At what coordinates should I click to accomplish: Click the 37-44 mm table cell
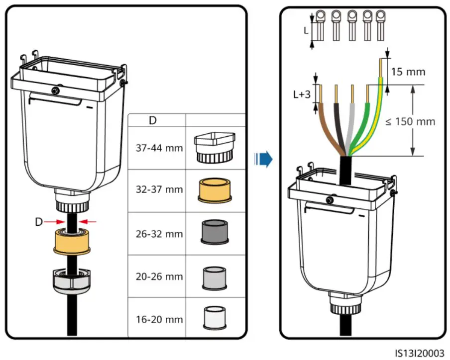tap(159, 148)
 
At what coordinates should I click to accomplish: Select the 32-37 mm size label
tap(159, 189)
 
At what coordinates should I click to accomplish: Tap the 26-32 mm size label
tap(159, 234)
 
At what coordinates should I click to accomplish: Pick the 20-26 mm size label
tap(159, 276)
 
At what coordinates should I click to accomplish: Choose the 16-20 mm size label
tap(159, 319)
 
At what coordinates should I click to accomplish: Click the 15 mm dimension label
tap(408, 72)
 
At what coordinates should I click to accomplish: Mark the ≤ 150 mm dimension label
tap(410, 121)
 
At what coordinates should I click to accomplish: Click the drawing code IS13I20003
tap(420, 353)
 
